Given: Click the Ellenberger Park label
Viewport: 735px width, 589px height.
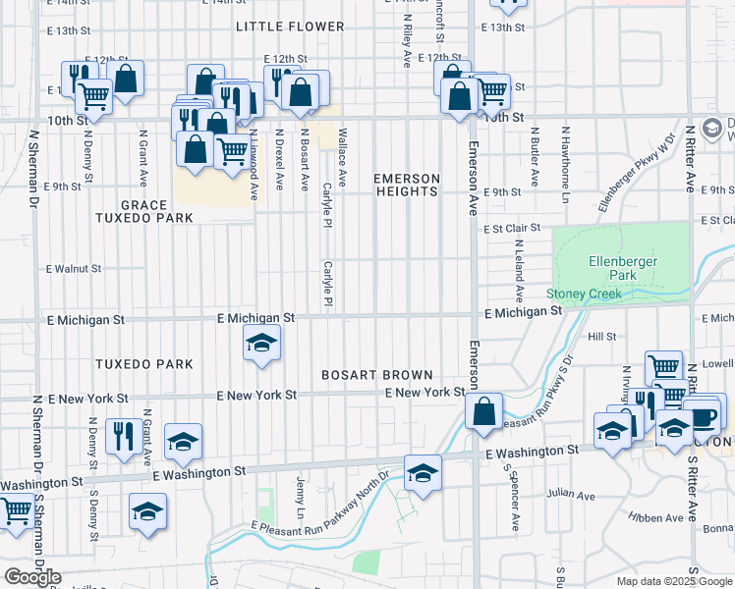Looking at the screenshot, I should (622, 268).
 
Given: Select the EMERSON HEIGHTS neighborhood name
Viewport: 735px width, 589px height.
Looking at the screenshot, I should (406, 185).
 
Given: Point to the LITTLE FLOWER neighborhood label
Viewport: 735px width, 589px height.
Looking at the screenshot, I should (290, 27).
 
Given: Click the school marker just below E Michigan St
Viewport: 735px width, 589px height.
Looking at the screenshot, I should (261, 344).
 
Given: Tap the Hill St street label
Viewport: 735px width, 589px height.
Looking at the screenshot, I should (600, 336).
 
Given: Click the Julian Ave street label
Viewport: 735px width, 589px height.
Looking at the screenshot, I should (573, 496).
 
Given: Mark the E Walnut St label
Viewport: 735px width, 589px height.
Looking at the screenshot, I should (74, 268).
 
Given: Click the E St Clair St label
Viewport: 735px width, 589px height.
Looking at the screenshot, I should (513, 228).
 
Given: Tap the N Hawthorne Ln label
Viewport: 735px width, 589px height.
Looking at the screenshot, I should (566, 157).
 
